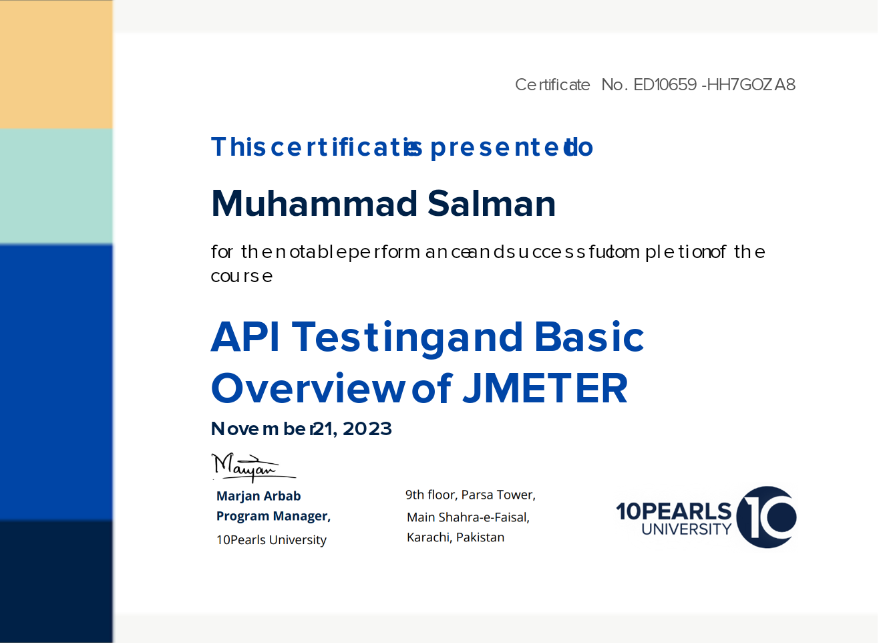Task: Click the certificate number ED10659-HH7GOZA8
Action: (715, 84)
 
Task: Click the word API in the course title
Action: (246, 337)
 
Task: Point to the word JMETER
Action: (546, 388)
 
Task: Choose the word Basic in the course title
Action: (589, 337)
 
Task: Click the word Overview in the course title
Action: (308, 388)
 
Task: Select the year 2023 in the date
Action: (367, 429)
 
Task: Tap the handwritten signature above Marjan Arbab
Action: (254, 467)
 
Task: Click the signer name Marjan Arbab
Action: (258, 496)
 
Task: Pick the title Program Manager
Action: (273, 516)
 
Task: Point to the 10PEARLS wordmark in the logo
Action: (673, 511)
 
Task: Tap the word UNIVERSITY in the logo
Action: (687, 529)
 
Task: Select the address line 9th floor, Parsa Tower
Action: (470, 495)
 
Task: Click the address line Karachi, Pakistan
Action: (456, 537)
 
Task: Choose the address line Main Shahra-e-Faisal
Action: (468, 517)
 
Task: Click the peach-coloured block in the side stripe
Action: (56, 64)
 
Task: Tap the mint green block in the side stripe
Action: (56, 186)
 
